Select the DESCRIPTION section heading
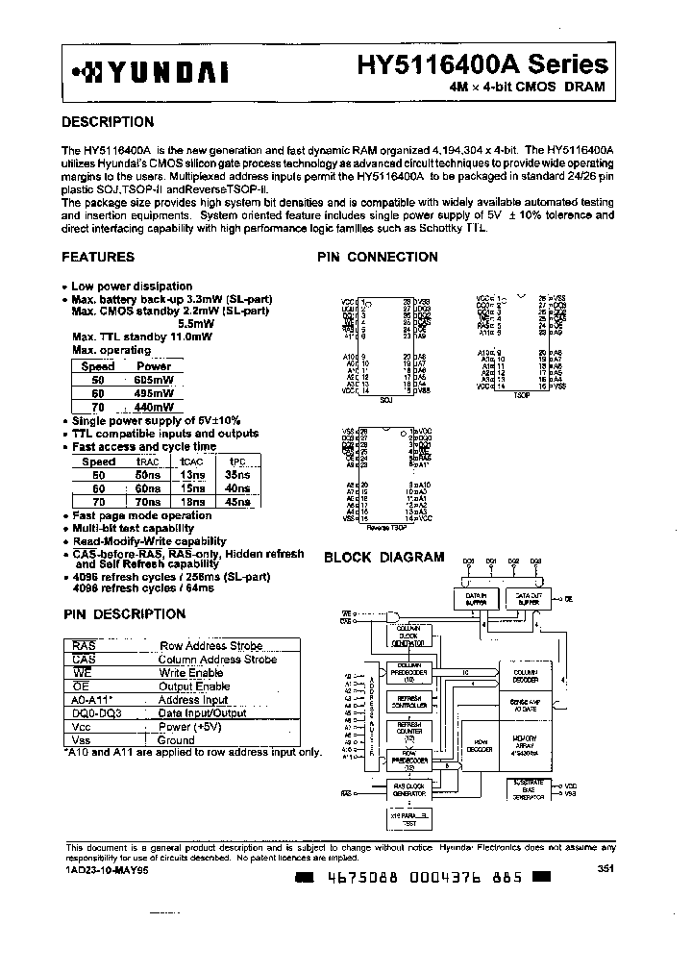(108, 122)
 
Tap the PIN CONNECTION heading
(378, 257)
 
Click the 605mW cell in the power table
(154, 380)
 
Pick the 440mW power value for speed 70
(154, 407)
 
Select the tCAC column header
(193, 462)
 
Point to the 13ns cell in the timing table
(192, 475)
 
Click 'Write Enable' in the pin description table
(192, 673)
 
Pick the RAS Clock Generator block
(408, 790)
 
